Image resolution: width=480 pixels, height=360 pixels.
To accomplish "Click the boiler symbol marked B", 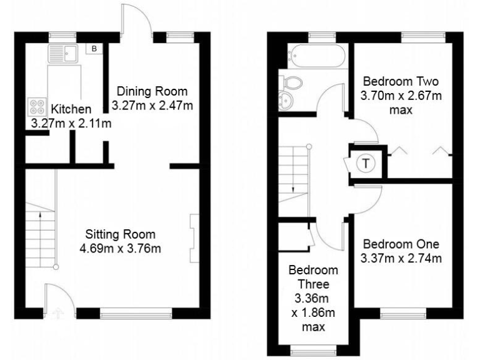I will pos(95,48).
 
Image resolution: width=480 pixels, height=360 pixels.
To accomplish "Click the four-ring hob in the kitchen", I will pos(34,106).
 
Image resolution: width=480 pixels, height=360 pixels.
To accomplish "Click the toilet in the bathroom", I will pos(291,82).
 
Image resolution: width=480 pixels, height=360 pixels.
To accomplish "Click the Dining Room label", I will pos(152,91).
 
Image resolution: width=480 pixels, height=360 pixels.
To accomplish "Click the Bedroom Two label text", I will pos(401,81).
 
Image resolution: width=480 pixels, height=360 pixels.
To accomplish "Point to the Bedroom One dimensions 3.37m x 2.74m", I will pos(401,257).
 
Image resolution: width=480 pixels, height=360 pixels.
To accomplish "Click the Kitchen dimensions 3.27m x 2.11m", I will pos(71,123).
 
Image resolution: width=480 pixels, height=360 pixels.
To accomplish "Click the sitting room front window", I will pos(136,313).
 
